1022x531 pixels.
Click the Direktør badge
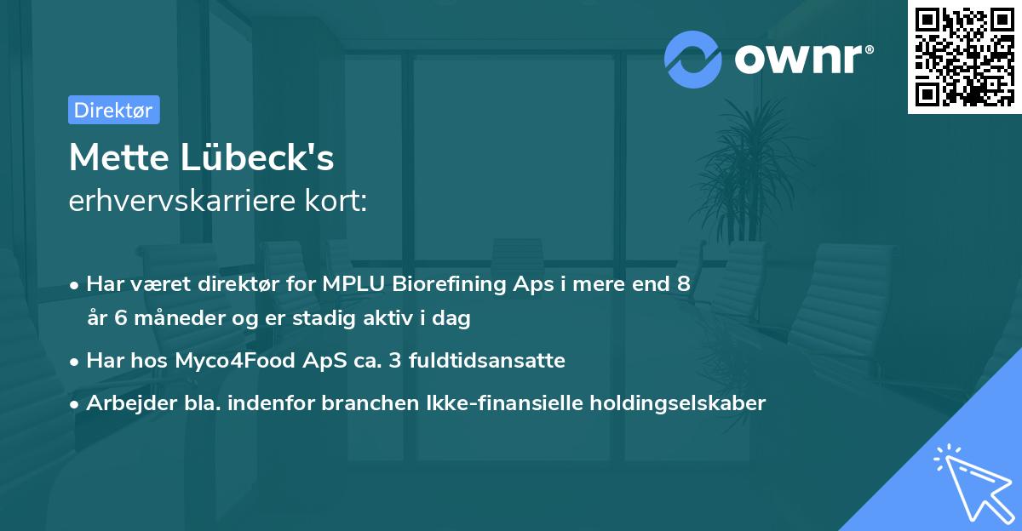113,110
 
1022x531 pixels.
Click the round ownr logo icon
693,60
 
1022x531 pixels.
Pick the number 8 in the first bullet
683,284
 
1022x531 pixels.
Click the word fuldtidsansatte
486,361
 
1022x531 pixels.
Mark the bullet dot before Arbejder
75,403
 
